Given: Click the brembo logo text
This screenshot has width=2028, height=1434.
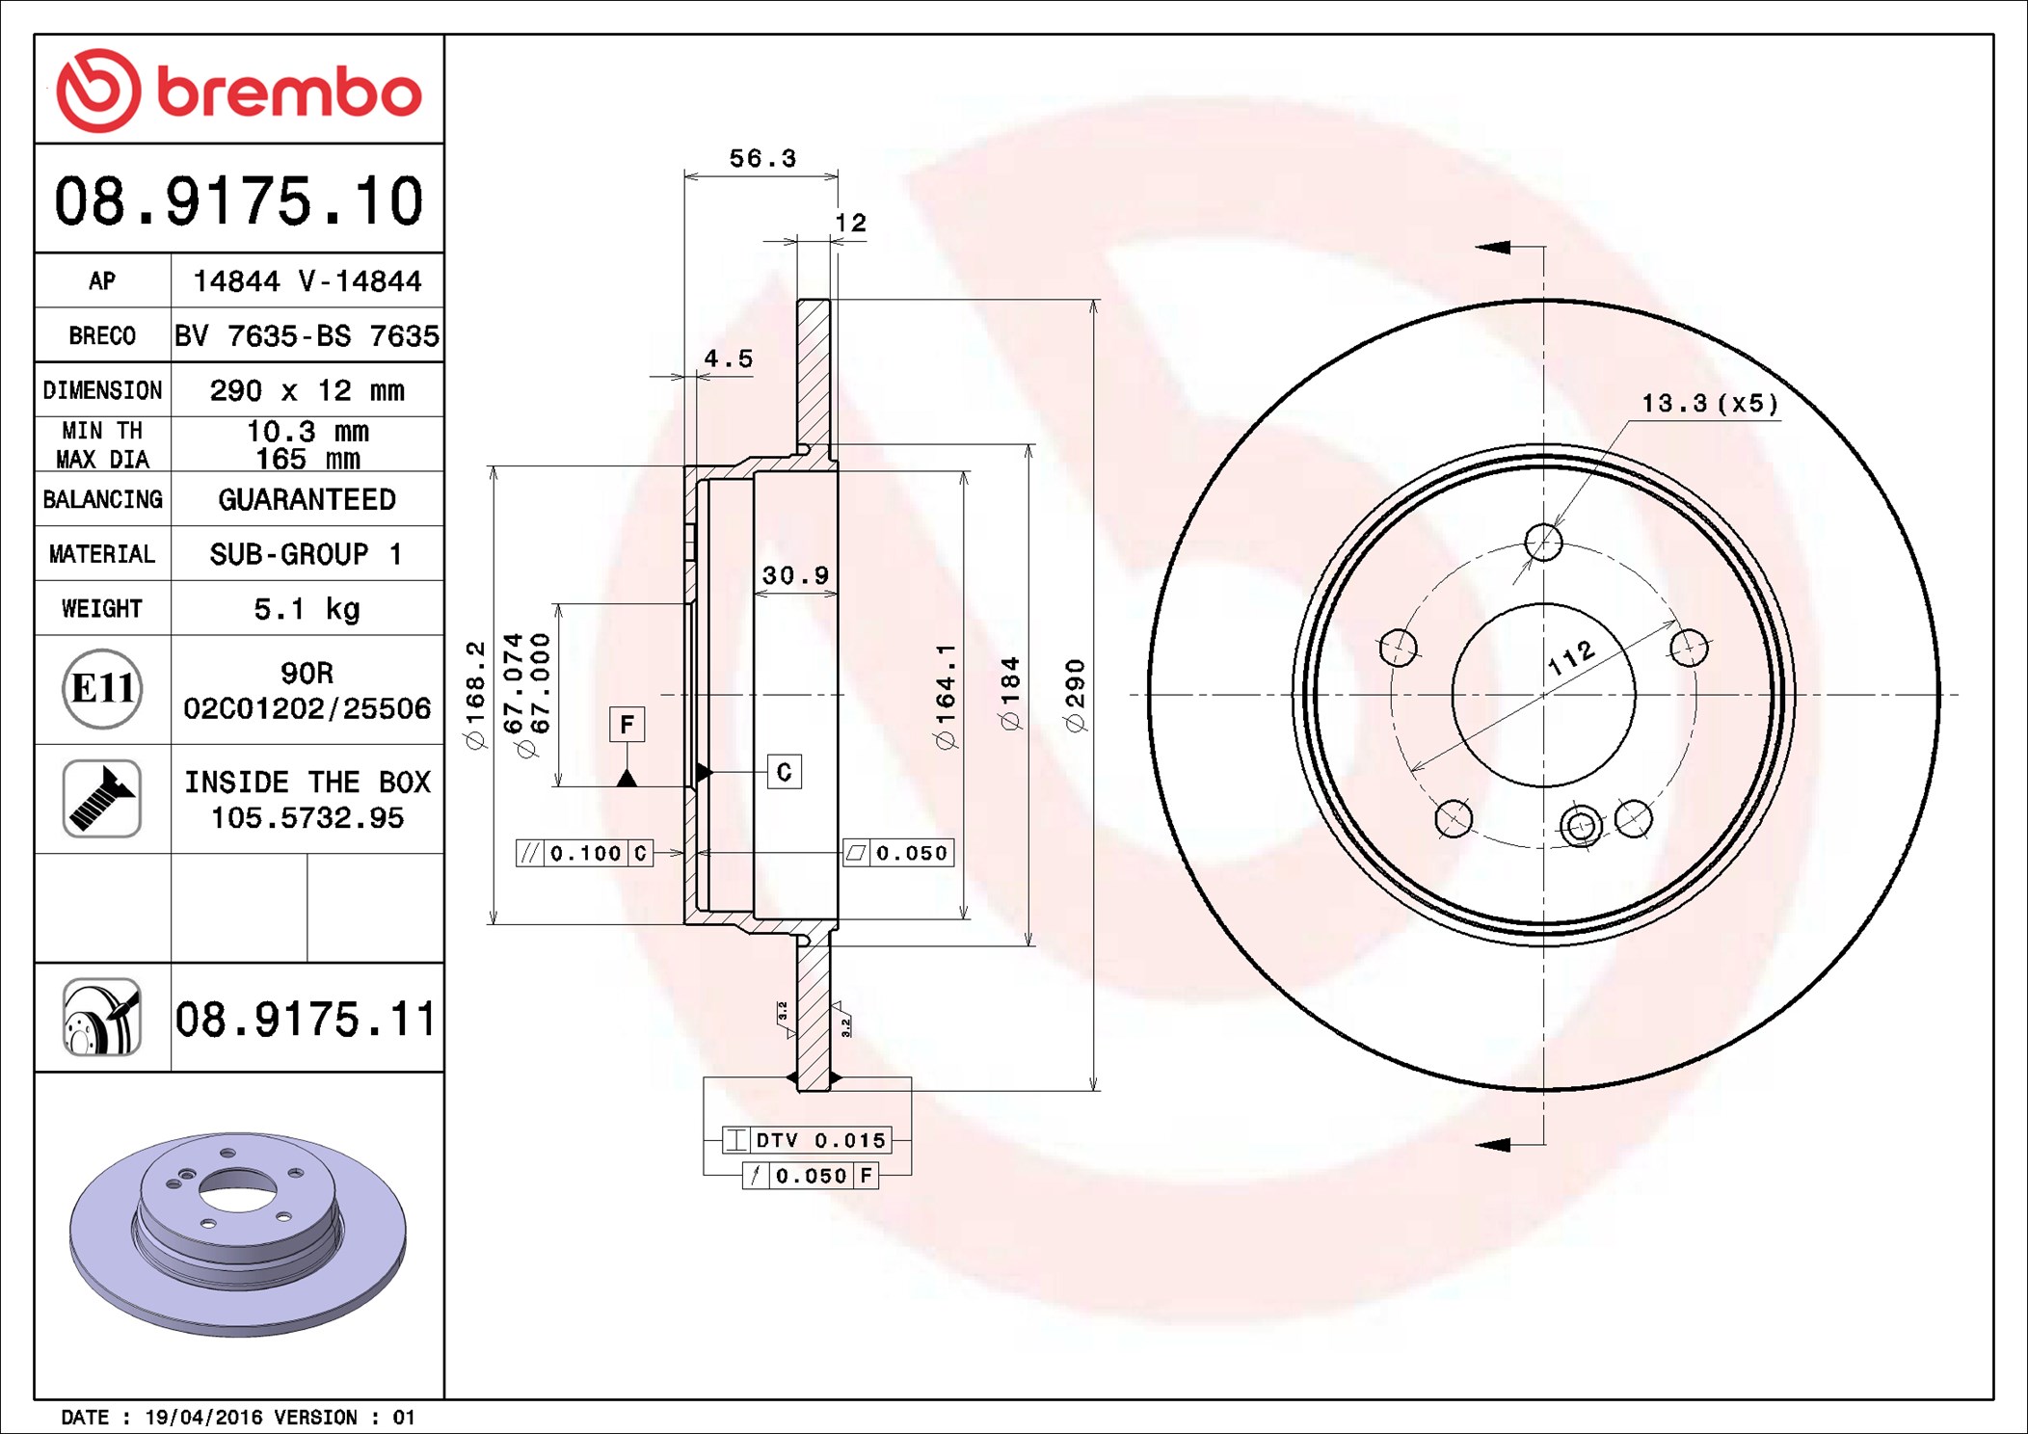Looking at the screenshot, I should pyautogui.click(x=288, y=93).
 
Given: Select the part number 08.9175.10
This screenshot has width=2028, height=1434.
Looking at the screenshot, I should pyautogui.click(x=238, y=201).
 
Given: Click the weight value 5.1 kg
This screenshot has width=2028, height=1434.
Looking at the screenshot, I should pyautogui.click(x=307, y=609).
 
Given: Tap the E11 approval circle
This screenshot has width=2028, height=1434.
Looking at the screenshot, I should pyautogui.click(x=102, y=689).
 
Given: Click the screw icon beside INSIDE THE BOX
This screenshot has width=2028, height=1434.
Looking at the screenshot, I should pyautogui.click(x=102, y=798).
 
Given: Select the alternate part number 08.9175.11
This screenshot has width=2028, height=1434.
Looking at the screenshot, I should pyautogui.click(x=306, y=1020).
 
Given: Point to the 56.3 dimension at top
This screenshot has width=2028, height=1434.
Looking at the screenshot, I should pyautogui.click(x=761, y=159).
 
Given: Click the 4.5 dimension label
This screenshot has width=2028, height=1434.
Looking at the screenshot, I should pyautogui.click(x=728, y=359).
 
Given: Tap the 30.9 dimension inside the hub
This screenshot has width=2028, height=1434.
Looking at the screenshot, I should pyautogui.click(x=795, y=575).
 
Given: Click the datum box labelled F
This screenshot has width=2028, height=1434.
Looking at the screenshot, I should pyautogui.click(x=627, y=725).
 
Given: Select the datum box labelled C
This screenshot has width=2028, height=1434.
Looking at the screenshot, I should pyautogui.click(x=784, y=772).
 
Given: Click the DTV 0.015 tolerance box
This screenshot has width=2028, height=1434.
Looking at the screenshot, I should pyautogui.click(x=808, y=1141).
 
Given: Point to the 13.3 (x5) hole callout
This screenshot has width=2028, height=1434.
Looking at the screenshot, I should pyautogui.click(x=1709, y=404).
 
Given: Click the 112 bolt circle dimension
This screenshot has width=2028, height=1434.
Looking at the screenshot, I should pyautogui.click(x=1571, y=657).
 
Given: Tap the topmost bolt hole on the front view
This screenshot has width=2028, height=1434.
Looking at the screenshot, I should pyautogui.click(x=1543, y=543).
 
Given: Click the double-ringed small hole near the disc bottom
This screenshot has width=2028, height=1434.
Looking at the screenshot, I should pyautogui.click(x=1581, y=826).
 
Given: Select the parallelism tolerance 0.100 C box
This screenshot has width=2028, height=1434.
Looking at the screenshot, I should pyautogui.click(x=585, y=854).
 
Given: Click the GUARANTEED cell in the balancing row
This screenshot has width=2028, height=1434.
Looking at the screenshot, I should pyautogui.click(x=307, y=499).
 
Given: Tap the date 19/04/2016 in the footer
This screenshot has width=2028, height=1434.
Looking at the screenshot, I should pyautogui.click(x=202, y=1418).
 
